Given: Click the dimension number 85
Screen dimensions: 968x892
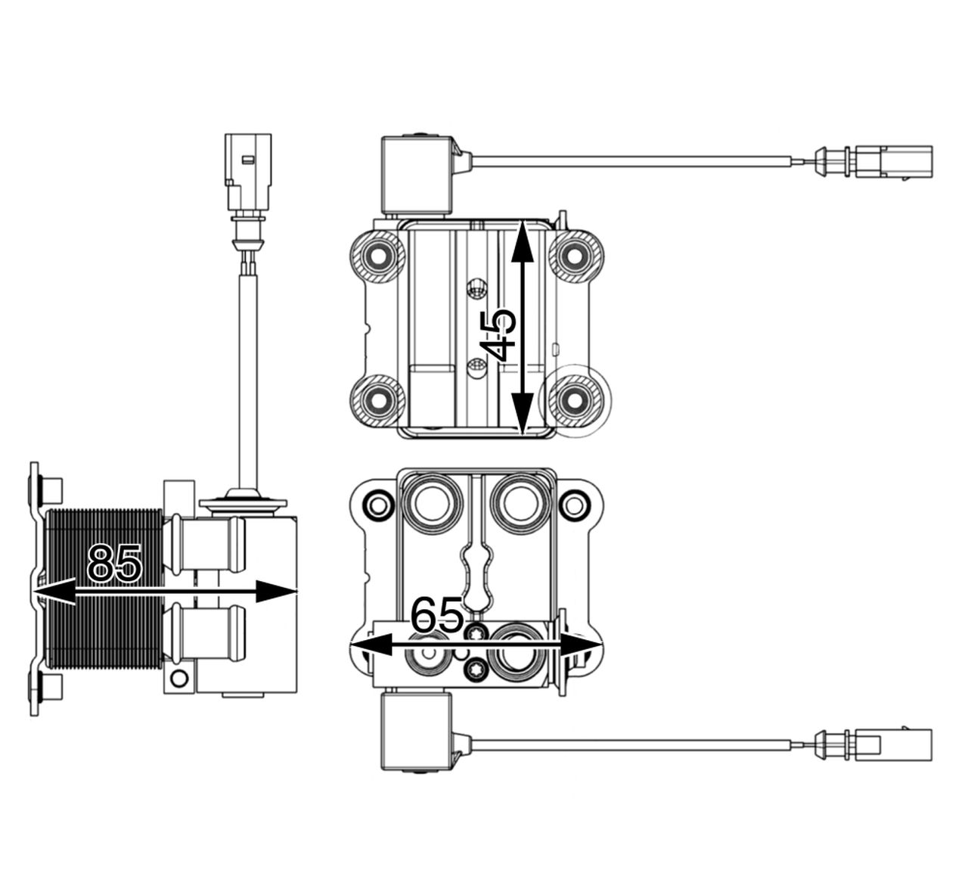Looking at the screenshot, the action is pyautogui.click(x=115, y=563).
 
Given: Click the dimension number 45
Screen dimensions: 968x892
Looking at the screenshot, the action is pyautogui.click(x=498, y=335).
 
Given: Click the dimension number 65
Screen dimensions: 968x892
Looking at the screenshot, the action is pyautogui.click(x=436, y=615).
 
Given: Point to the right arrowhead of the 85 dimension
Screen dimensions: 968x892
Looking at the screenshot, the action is pyautogui.click(x=276, y=591).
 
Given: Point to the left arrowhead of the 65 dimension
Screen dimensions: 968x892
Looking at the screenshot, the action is pyautogui.click(x=370, y=645).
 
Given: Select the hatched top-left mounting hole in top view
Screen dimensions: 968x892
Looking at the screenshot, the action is pyautogui.click(x=378, y=256).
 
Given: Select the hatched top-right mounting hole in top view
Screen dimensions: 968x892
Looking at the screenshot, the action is pyautogui.click(x=576, y=256).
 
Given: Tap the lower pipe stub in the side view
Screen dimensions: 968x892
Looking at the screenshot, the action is pyautogui.click(x=204, y=633).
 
